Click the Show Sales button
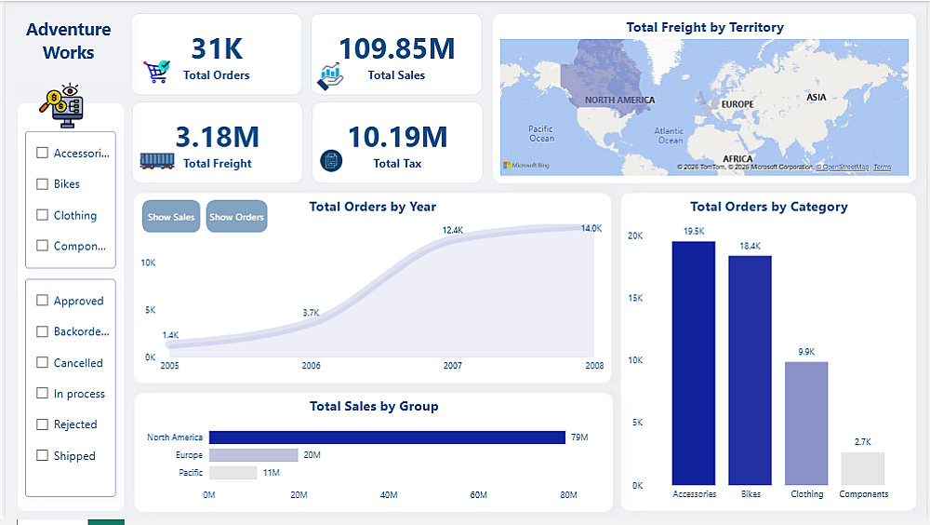pos(171,217)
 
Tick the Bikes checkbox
pos(42,184)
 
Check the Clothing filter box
pos(42,215)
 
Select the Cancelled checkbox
pos(42,363)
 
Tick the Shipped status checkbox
pos(42,456)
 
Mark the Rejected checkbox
pos(42,424)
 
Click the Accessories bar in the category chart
pos(694,363)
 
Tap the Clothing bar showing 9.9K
pos(806,423)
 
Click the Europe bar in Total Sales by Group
pos(253,455)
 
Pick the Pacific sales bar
pos(232,473)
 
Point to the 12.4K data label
pos(453,230)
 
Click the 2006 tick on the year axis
pos(311,366)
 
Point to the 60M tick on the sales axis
pos(479,495)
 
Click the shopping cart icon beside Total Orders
pos(156,72)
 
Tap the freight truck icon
pos(157,160)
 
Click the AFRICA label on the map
pos(737,159)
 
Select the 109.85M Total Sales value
pos(396,48)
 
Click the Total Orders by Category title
pos(768,207)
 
